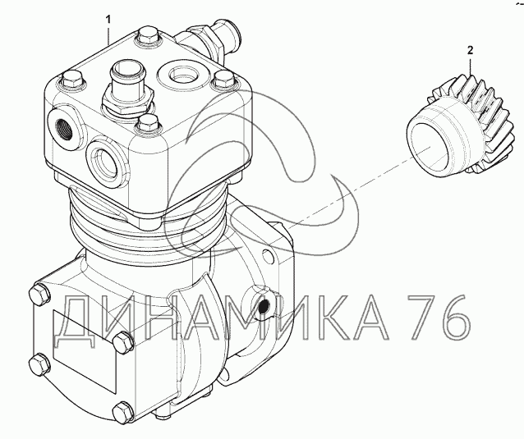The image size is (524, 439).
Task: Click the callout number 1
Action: [108, 20]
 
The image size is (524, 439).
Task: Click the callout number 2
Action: [470, 50]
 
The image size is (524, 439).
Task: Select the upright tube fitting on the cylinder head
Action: [128, 88]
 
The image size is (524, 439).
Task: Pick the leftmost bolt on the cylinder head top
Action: [71, 80]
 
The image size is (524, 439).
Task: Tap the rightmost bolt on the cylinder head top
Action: [224, 80]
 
